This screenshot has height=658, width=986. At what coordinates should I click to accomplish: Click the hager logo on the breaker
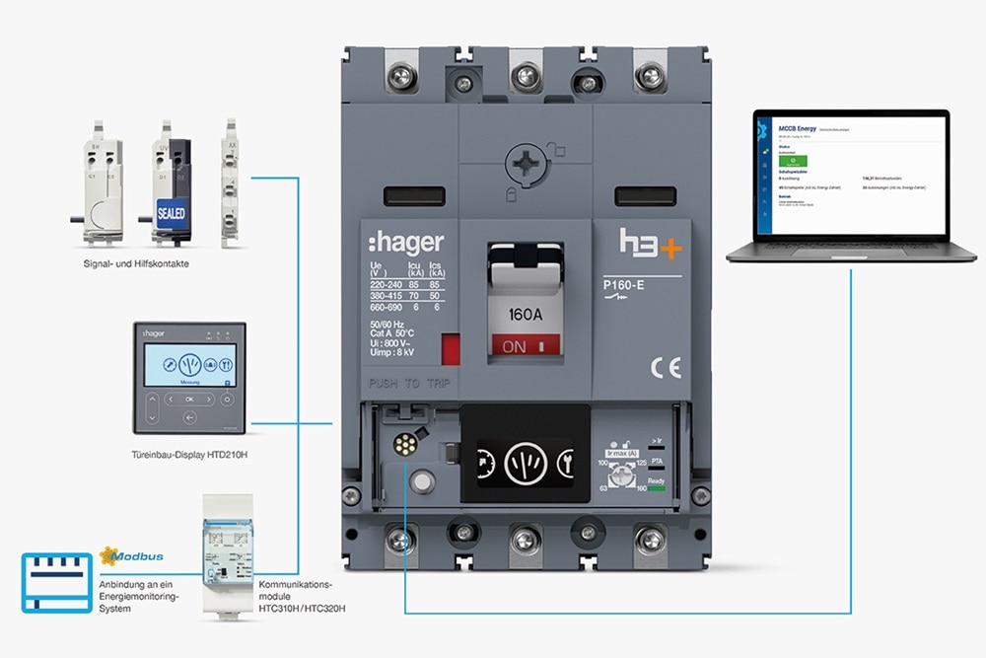405,243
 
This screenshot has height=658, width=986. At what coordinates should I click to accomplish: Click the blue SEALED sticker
171,212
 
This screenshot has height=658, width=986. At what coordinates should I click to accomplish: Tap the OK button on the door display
189,399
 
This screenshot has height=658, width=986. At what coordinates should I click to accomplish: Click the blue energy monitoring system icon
57,582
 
